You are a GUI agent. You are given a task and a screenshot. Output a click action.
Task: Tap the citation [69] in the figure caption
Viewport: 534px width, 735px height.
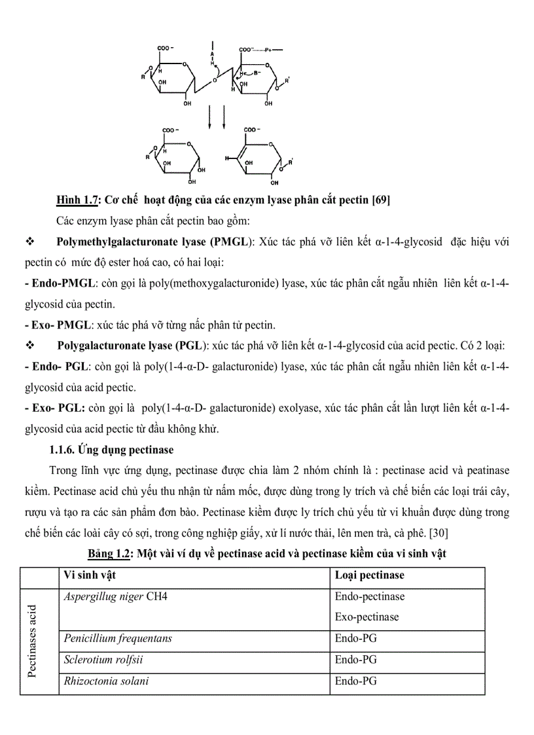(x=381, y=200)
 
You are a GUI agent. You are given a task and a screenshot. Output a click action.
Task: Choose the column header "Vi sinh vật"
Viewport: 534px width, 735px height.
(x=90, y=575)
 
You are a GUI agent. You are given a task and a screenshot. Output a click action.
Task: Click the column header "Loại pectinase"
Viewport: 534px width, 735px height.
(x=370, y=575)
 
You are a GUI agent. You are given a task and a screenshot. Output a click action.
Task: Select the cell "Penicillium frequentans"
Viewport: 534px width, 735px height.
(x=118, y=638)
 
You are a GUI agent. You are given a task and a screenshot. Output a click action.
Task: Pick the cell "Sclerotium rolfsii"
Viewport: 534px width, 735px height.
(x=103, y=660)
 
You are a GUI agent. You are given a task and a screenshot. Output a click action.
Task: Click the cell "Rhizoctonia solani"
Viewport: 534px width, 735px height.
(x=106, y=681)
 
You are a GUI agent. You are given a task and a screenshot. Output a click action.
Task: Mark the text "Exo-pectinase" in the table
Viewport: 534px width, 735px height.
(x=366, y=617)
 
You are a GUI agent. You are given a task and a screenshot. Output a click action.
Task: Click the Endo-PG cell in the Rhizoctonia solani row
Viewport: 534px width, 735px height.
(x=356, y=681)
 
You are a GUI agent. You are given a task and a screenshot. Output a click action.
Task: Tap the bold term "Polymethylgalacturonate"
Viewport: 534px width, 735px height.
(x=122, y=242)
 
